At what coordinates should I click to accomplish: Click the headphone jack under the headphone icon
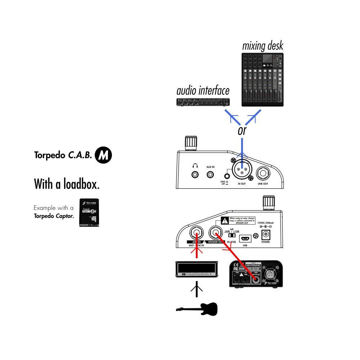195,175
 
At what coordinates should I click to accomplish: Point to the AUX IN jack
210,175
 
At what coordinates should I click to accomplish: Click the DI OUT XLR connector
242,171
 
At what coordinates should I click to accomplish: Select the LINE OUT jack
263,175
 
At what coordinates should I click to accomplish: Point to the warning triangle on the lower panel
225,220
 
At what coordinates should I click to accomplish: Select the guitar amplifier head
197,269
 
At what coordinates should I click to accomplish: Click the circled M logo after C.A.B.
103,155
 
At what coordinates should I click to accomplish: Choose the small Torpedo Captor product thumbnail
90,212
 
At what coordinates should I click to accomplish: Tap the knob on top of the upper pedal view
190,143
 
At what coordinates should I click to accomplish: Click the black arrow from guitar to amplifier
197,289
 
